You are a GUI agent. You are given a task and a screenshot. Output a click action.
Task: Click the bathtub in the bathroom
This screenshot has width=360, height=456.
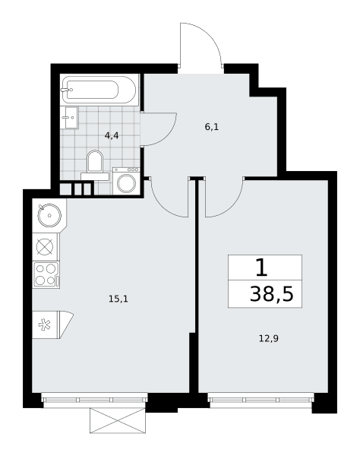(x=99, y=90)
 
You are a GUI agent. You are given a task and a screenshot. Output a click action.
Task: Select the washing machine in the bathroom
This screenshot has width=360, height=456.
(x=126, y=181)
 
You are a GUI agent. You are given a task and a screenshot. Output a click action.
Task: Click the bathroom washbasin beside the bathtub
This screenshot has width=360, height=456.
(x=70, y=118)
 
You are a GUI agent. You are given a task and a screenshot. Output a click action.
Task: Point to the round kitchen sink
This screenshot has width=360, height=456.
(x=49, y=215)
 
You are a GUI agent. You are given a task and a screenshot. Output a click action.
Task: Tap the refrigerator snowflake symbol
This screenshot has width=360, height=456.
(x=45, y=325)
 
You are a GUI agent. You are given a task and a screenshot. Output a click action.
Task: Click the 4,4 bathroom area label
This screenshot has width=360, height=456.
(x=112, y=135)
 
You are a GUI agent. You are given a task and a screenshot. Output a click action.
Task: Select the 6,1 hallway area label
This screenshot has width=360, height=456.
(x=212, y=127)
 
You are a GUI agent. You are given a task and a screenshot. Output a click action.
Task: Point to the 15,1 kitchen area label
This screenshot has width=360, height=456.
(x=118, y=299)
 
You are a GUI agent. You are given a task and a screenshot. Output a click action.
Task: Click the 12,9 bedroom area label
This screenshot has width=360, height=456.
(x=269, y=338)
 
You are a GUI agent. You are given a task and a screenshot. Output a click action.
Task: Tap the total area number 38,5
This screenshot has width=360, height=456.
(x=272, y=294)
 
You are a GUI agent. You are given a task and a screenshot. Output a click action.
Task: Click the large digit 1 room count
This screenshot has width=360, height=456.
(x=261, y=268)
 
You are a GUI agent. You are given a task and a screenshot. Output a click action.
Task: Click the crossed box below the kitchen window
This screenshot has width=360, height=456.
(x=118, y=420)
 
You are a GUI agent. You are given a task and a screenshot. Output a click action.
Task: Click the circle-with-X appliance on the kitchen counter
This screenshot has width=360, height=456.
(x=45, y=247)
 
